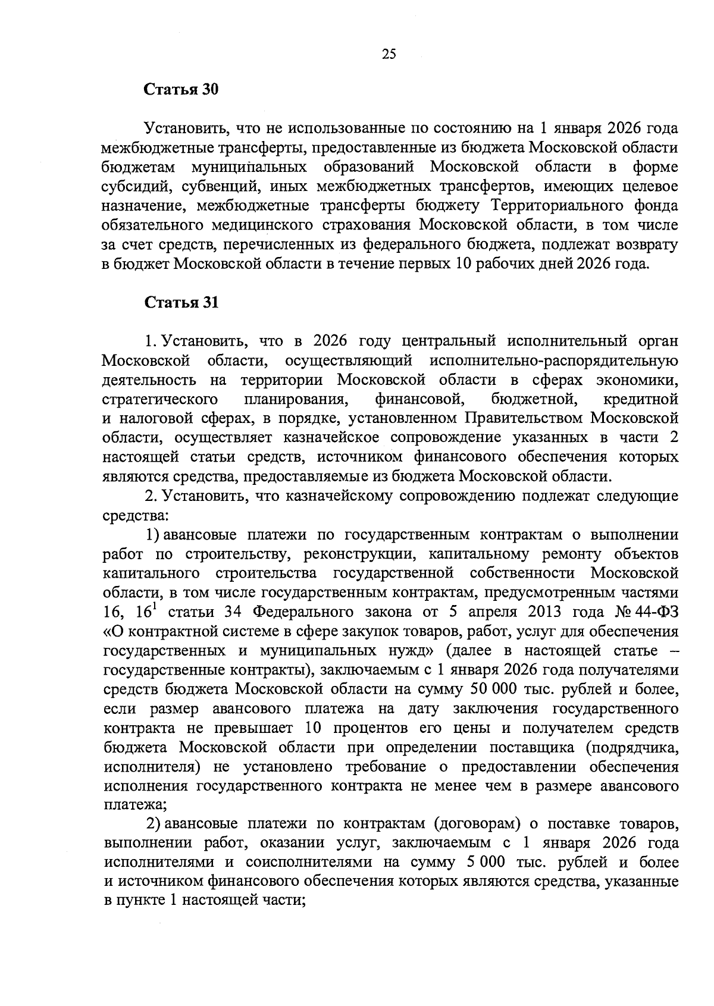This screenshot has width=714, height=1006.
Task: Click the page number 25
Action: click(x=389, y=55)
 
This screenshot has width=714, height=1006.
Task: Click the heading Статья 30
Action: click(x=181, y=90)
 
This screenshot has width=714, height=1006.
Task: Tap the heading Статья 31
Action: click(x=181, y=302)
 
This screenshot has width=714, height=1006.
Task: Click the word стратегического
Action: click(x=159, y=399)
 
